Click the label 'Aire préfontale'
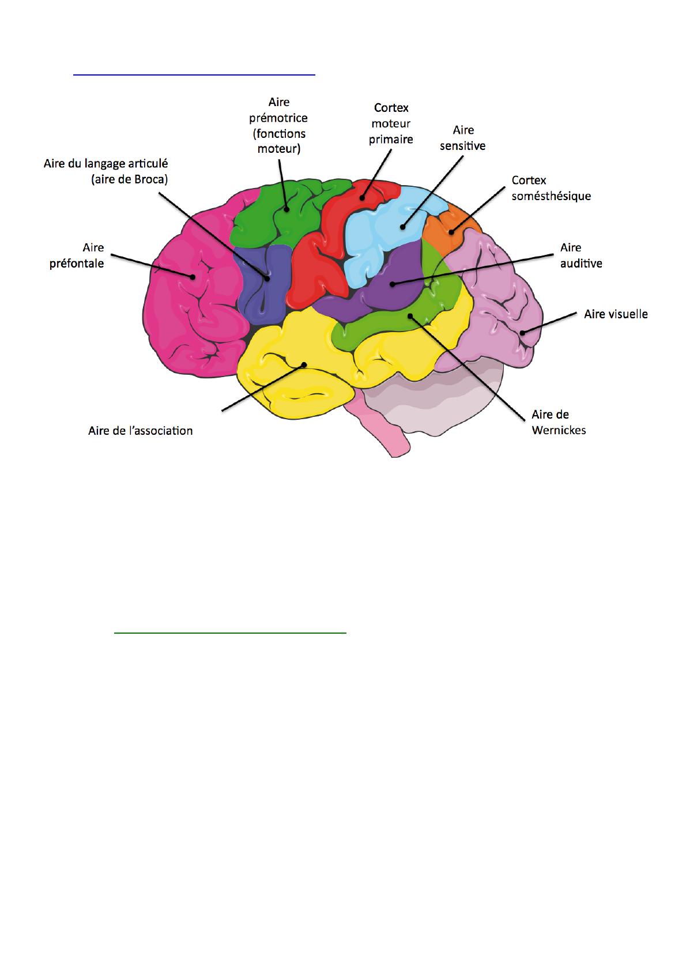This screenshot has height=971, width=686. (x=77, y=256)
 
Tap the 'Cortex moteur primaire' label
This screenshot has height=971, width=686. (x=391, y=123)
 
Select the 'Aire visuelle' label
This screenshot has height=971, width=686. (x=616, y=314)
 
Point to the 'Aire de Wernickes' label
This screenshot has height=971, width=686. (x=559, y=422)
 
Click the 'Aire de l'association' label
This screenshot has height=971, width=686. (x=141, y=431)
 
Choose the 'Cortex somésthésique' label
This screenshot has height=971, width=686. (x=551, y=188)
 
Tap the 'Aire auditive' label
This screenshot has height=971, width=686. (x=581, y=256)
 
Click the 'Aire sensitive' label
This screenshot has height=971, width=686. (x=462, y=138)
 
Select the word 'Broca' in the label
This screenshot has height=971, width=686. (x=148, y=179)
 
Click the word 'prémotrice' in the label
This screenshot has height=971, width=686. (x=278, y=118)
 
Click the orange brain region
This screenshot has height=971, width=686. (x=448, y=228)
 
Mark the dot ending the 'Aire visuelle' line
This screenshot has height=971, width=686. (x=523, y=333)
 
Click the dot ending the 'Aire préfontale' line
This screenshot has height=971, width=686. (x=192, y=276)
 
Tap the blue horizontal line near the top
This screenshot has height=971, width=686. (x=194, y=75)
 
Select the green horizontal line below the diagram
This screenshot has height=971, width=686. (x=230, y=633)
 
